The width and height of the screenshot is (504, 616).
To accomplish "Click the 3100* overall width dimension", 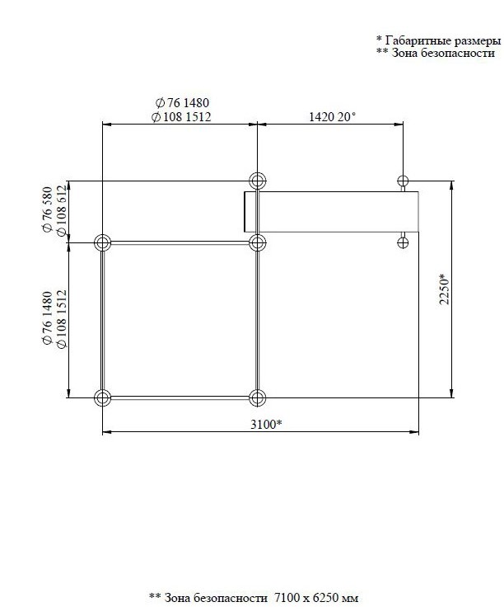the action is pyautogui.click(x=266, y=425).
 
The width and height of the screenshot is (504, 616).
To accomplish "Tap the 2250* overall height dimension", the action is pyautogui.click(x=444, y=289).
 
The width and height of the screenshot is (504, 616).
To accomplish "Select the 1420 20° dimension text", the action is pyautogui.click(x=332, y=116).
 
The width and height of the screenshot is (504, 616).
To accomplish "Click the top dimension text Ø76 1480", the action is pyautogui.click(x=182, y=103).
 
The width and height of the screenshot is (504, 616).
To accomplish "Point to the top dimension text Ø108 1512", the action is pyautogui.click(x=181, y=116).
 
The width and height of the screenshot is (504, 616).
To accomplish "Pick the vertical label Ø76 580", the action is pyautogui.click(x=47, y=209).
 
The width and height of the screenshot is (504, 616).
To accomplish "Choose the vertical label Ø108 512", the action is pyautogui.click(x=61, y=211).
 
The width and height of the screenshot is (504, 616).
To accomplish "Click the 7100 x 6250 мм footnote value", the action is pyautogui.click(x=316, y=598).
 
